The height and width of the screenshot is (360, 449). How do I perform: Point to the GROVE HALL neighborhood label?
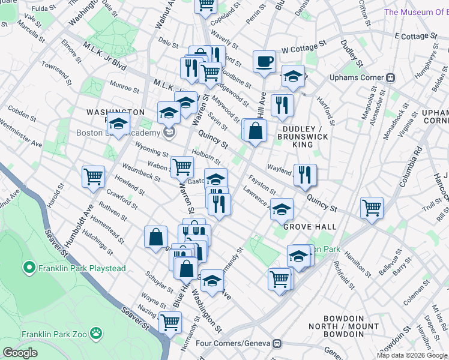click(x=310, y=227)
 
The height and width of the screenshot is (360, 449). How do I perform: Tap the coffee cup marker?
click(x=264, y=62)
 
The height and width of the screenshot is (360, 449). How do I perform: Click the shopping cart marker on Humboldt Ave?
click(x=94, y=176)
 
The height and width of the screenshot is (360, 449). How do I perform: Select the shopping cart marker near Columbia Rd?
click(x=372, y=208)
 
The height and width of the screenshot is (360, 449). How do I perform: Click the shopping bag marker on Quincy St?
click(x=255, y=130)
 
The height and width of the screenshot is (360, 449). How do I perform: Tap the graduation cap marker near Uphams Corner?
click(x=293, y=76)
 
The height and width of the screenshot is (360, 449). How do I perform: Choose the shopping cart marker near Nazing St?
click(x=170, y=322)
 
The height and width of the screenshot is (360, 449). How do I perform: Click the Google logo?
click(x=20, y=353)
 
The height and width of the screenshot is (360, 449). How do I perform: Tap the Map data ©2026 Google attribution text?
click(x=412, y=355)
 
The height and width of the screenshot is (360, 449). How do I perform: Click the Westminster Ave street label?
click(x=22, y=135)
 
